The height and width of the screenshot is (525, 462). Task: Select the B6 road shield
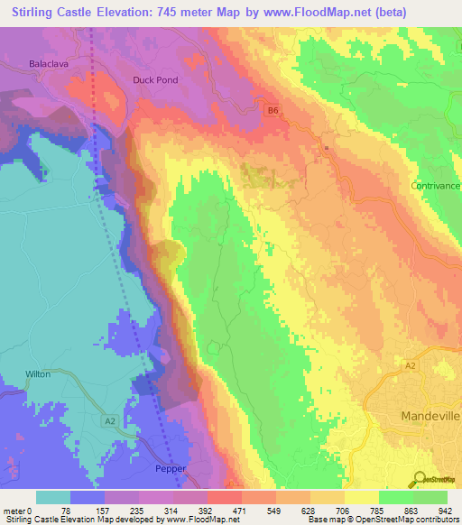point(272,110)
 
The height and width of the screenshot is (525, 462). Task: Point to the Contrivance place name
point(436,186)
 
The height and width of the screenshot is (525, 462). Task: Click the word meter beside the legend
point(15,510)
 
